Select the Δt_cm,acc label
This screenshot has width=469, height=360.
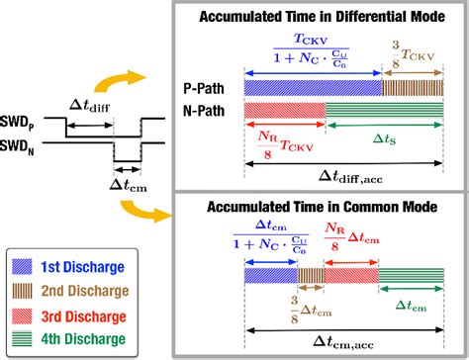[344, 340]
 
